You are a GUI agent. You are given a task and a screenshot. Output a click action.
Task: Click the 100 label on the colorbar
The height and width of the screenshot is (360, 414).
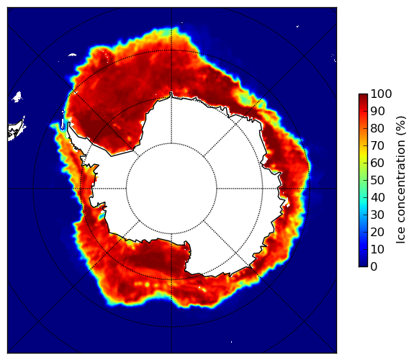tap(381, 94)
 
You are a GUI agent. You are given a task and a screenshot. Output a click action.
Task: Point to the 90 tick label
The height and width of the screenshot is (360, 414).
tap(377, 111)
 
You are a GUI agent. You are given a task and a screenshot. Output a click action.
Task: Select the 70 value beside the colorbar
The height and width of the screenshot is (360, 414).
tap(377, 145)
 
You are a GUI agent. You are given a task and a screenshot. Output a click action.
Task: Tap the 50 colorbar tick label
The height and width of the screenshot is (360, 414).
tap(377, 180)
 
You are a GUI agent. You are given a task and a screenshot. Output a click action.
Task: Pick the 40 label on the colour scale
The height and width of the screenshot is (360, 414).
tap(377, 197)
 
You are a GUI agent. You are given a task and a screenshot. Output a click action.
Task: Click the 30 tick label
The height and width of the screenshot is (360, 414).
tap(377, 215)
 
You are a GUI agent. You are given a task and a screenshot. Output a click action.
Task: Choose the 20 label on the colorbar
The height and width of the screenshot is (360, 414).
tap(377, 232)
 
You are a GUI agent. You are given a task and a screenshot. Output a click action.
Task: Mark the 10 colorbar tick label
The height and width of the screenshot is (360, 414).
tap(377, 249)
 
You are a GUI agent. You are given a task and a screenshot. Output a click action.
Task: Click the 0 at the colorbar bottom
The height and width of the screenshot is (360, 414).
tap(374, 266)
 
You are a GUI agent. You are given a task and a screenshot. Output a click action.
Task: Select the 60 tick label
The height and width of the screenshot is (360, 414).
tap(377, 163)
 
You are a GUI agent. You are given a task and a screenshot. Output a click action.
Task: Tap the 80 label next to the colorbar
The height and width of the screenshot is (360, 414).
tap(377, 128)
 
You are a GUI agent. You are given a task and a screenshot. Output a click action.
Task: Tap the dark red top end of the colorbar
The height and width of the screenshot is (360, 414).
tap(363, 96)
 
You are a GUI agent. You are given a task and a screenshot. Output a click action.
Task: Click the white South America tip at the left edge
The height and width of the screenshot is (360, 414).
tap(17, 130)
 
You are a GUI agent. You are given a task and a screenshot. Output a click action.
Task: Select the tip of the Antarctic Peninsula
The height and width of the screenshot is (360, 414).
tap(69, 123)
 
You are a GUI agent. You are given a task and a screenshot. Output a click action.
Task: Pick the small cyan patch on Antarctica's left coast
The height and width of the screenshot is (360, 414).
tap(101, 217)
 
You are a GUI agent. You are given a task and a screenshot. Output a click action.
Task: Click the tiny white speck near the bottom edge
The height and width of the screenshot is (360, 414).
tap(232, 342)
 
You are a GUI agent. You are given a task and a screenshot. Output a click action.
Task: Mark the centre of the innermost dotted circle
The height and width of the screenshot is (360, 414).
tap(171, 189)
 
